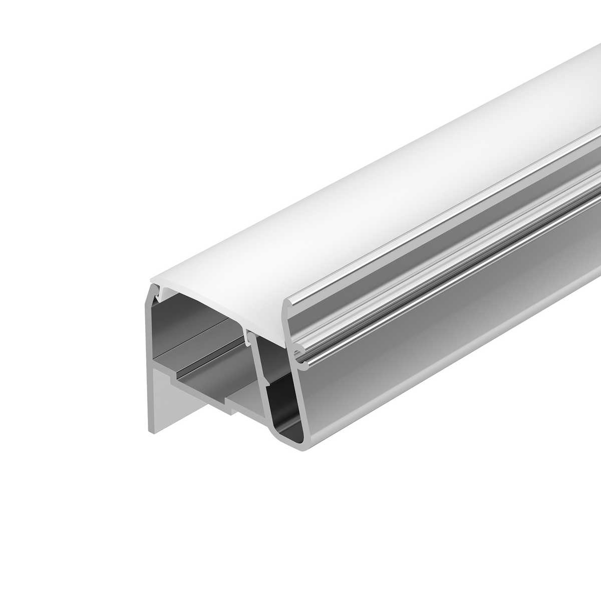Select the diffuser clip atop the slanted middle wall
tap(249, 335)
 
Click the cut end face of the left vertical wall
tap(151, 361)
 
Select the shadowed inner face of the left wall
tap(173, 326)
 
